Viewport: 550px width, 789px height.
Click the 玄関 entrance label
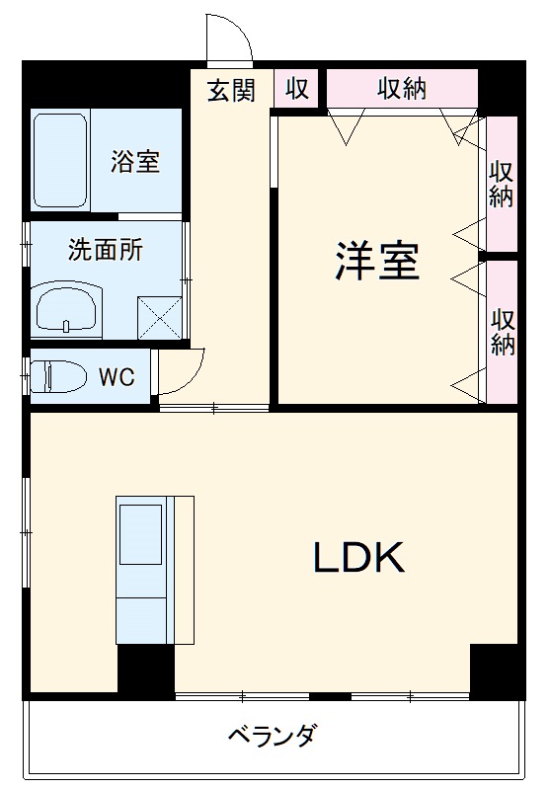[x=231, y=90]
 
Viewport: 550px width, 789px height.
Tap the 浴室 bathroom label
[x=135, y=161]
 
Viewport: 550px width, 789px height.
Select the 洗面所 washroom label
[x=105, y=250]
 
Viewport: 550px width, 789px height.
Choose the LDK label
[x=359, y=559]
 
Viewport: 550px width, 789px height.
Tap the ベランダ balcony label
[x=272, y=737]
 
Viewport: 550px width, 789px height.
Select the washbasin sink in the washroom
[x=67, y=309]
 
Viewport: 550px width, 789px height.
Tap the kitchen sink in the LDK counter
[x=141, y=537]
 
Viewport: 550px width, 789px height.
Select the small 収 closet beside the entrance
[x=297, y=90]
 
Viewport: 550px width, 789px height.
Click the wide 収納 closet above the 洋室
[x=401, y=89]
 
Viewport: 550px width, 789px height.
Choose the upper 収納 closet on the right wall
[x=503, y=183]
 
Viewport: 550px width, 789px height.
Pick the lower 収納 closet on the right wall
[x=503, y=332]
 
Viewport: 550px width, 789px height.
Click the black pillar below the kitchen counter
[x=146, y=671]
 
